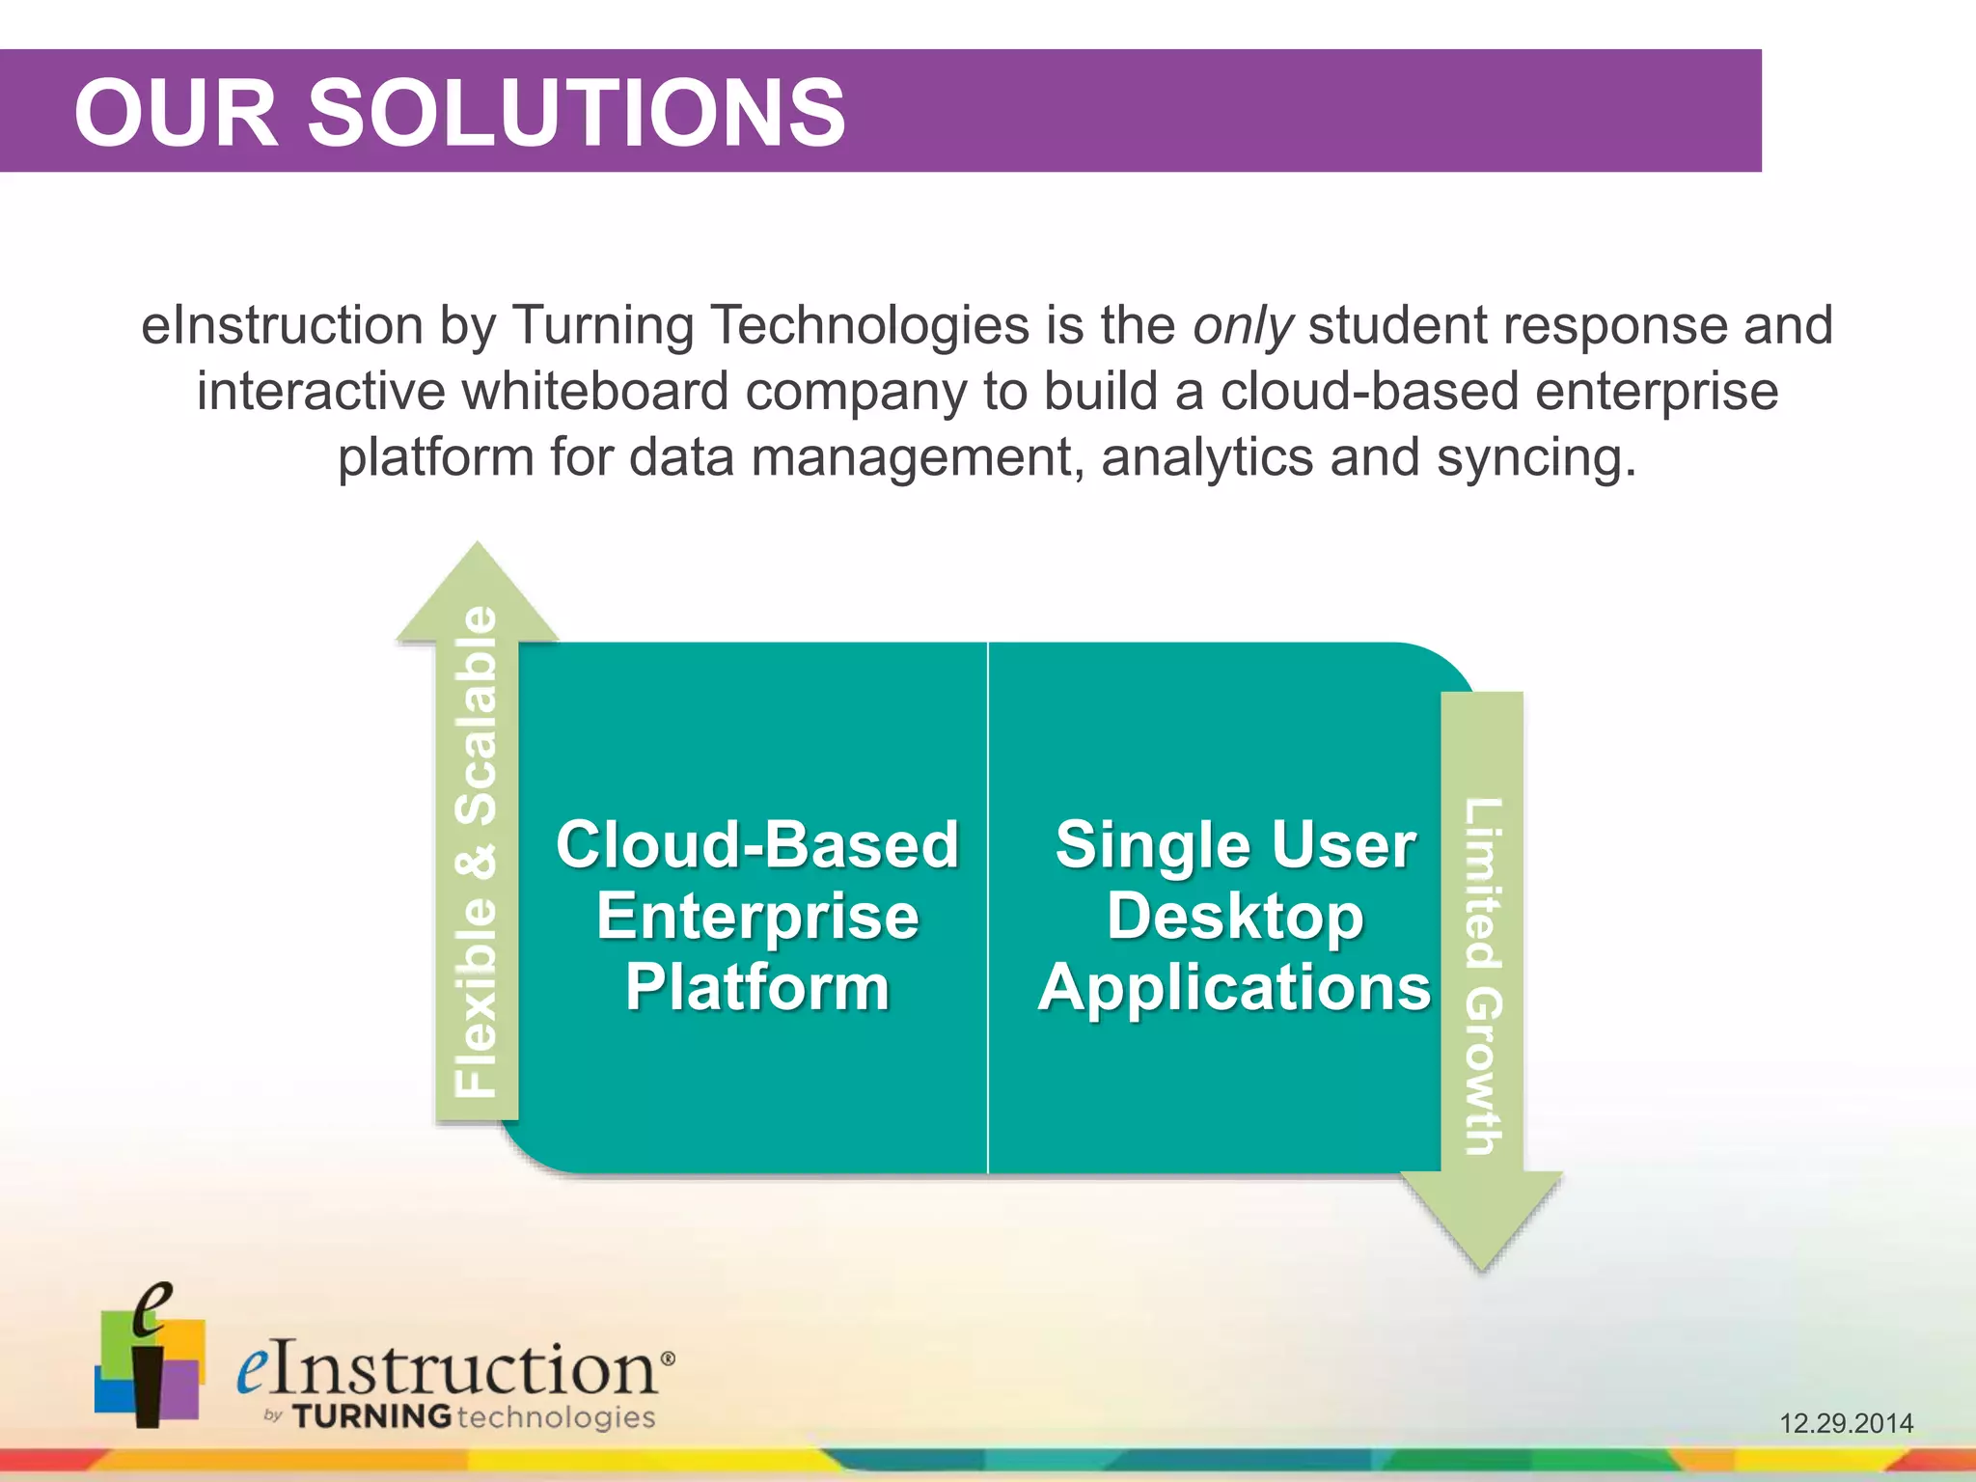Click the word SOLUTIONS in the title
pyautogui.click(x=576, y=114)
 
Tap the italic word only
pyautogui.click(x=1242, y=326)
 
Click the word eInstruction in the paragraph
pyautogui.click(x=282, y=326)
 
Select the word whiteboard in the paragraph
pyautogui.click(x=593, y=392)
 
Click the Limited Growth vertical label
pyautogui.click(x=1483, y=974)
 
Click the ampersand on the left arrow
pyautogui.click(x=477, y=862)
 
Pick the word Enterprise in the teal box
pyautogui.click(x=757, y=917)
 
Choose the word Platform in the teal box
pyautogui.click(x=757, y=988)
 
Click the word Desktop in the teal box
pyautogui.click(x=1235, y=917)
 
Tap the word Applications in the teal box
pyautogui.click(x=1235, y=988)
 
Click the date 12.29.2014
pyautogui.click(x=1846, y=1423)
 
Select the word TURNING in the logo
pyautogui.click(x=371, y=1416)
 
